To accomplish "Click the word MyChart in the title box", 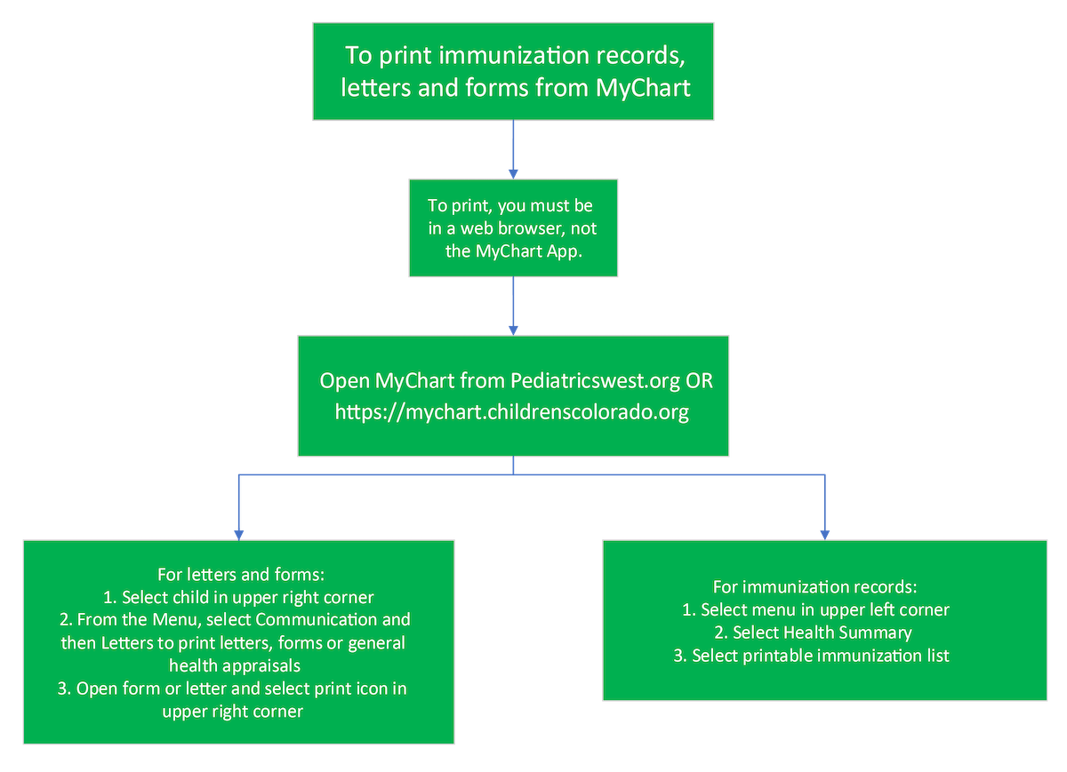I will [646, 89].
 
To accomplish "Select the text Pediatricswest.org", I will [596, 381].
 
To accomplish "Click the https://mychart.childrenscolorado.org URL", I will [511, 412].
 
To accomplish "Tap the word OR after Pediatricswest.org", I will [699, 381].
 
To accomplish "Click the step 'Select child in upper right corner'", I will [247, 596].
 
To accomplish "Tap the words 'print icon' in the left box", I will [347, 688].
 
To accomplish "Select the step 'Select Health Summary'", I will [813, 633].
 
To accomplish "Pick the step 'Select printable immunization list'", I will [820, 657].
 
